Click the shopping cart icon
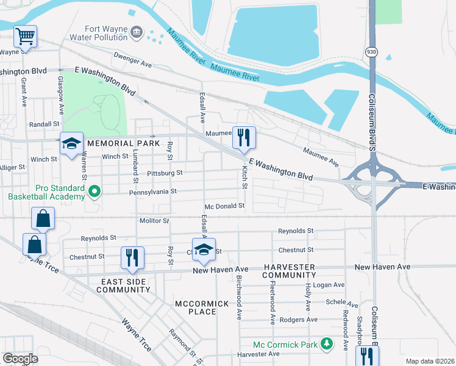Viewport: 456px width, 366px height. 25,37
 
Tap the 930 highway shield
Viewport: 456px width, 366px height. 371,52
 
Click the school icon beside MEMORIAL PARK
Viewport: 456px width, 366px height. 71,144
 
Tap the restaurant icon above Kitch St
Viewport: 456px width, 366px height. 244,137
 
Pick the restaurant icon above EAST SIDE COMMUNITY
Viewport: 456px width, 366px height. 132,257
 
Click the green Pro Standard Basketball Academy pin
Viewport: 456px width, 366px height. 94,192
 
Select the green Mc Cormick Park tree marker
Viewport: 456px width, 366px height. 327,345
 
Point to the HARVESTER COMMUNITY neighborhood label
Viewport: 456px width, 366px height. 290,271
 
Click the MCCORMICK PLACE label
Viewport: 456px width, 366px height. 195,307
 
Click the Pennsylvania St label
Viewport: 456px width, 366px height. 152,192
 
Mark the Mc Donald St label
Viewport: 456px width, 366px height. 224,207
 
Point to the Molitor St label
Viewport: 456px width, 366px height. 154,220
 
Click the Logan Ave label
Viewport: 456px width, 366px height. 330,285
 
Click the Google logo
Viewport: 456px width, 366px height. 20,358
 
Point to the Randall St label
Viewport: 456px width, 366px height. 43,124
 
